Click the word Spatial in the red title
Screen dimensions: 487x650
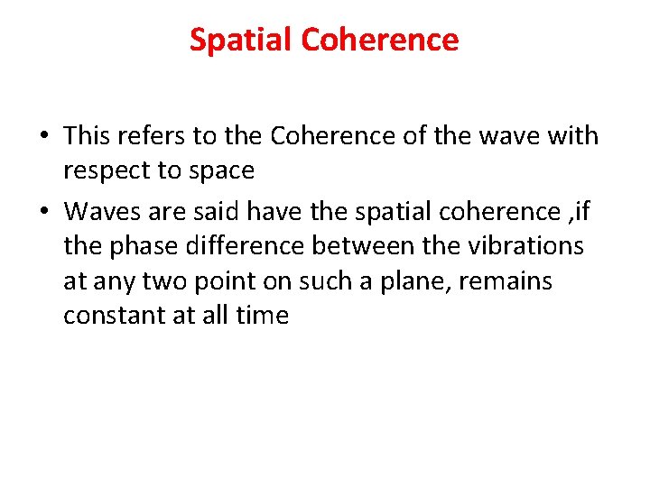[241, 40]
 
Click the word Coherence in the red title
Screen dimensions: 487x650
[380, 40]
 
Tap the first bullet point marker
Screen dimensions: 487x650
[44, 137]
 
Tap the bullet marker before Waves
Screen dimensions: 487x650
[44, 212]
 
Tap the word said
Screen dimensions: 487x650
[213, 211]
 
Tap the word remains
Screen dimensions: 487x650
[505, 280]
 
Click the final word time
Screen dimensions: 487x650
[261, 316]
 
